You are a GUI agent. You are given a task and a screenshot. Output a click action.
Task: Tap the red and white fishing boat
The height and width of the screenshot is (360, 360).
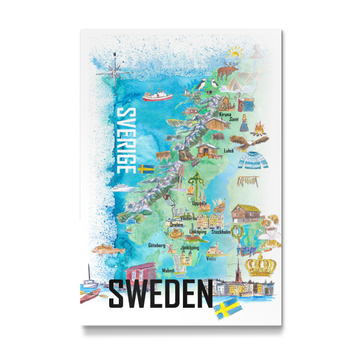(x=157, y=94)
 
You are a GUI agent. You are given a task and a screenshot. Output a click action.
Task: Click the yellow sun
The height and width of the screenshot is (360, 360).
(x=233, y=55)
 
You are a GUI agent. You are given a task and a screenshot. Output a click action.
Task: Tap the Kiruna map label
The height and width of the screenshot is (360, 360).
(x=224, y=113)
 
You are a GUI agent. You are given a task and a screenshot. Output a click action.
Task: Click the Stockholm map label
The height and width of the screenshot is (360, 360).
(x=221, y=232)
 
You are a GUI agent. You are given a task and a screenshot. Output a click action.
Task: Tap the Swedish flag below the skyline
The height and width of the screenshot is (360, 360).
(x=229, y=309)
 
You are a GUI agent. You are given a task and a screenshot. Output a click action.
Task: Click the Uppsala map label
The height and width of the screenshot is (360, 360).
(x=199, y=203)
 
